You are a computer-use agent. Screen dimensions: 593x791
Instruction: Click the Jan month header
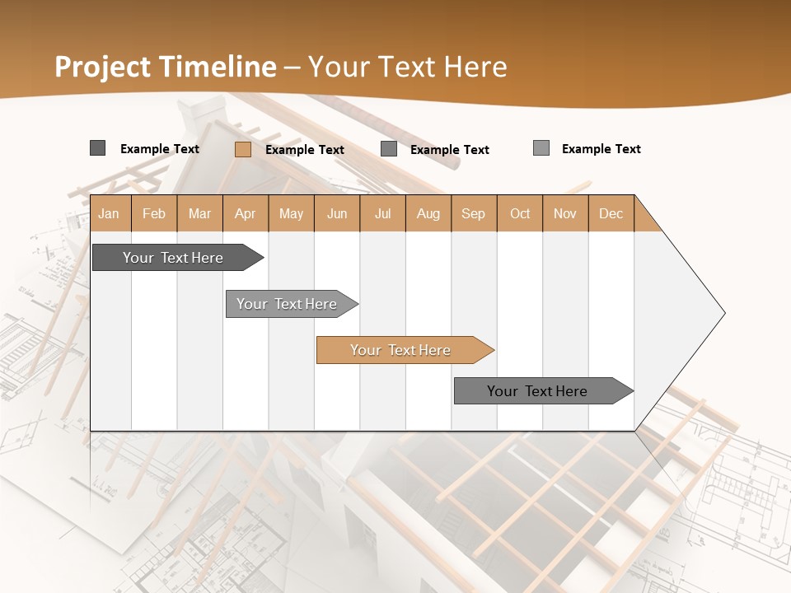110,213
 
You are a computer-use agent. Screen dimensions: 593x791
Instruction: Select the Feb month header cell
154,213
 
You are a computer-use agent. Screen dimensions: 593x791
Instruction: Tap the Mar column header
199,213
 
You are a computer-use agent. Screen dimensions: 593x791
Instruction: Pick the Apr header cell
246,213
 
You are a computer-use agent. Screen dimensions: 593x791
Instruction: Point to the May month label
291,213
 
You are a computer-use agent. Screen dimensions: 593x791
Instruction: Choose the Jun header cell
337,213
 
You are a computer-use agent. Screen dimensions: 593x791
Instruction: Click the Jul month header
382,213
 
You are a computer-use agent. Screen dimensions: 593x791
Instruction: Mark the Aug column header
428,213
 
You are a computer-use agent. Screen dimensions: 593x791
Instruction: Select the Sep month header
474,213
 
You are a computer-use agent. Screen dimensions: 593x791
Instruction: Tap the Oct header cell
520,213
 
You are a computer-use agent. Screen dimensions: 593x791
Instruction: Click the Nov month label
565,213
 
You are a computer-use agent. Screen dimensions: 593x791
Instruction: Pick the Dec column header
611,213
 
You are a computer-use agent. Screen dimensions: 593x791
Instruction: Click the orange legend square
242,149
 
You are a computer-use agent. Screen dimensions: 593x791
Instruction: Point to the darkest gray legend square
97,148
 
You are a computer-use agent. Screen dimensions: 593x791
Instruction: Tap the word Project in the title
103,67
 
